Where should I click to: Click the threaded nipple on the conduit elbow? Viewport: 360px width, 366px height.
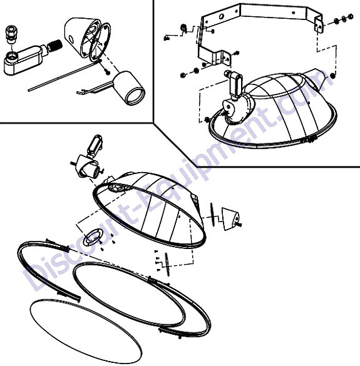[55, 46]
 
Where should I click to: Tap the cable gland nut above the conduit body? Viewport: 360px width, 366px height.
[11, 34]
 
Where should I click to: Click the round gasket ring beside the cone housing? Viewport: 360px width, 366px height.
[100, 42]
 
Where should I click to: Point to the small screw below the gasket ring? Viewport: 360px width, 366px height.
[107, 72]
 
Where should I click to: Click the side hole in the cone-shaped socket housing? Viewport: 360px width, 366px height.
[71, 39]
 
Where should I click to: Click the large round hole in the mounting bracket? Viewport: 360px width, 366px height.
[221, 16]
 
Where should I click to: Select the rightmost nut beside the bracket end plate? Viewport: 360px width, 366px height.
[351, 16]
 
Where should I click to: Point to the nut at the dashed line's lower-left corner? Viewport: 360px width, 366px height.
[207, 119]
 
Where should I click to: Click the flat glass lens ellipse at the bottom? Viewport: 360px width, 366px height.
[86, 333]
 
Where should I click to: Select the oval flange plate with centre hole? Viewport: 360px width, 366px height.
[93, 236]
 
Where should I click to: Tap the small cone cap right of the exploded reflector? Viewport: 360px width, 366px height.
[230, 219]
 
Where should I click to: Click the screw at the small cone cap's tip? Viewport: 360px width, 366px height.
[239, 225]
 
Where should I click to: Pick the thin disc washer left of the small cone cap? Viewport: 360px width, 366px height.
[212, 214]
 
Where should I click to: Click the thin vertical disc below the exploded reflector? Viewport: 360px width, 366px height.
[167, 265]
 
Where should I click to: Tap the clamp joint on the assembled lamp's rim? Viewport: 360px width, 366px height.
[309, 140]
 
